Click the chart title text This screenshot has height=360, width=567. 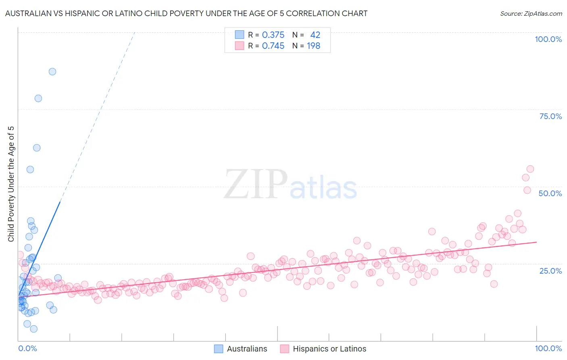pos(186,13)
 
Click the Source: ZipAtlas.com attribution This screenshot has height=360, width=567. pos(531,13)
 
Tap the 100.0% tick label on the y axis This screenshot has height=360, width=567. pos(548,39)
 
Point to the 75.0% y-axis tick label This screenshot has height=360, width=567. pos(550,116)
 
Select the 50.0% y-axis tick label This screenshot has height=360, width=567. pos(550,193)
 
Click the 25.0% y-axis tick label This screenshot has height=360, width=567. pos(550,270)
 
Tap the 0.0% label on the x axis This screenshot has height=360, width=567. pos(27,348)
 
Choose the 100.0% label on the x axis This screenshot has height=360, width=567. pos(548,348)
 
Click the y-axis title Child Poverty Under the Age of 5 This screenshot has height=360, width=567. pos(11,184)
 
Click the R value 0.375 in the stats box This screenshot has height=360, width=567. pos(273,35)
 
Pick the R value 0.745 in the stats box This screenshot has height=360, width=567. pos(273,46)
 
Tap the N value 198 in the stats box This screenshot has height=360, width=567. pos(313,46)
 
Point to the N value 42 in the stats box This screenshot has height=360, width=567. pos(315,35)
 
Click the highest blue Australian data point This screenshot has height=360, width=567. pos(52,71)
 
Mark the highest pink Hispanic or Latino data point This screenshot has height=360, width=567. pos(530,169)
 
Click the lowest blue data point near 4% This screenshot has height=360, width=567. pos(34,329)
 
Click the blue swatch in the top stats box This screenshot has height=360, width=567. pos(240,35)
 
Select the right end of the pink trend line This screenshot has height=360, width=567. pos(537,242)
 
